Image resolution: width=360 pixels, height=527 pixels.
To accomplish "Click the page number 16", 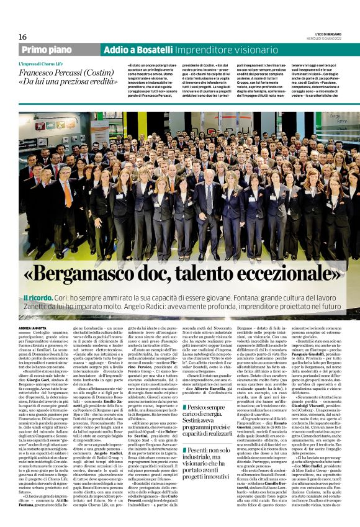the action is click(x=22, y=37).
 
